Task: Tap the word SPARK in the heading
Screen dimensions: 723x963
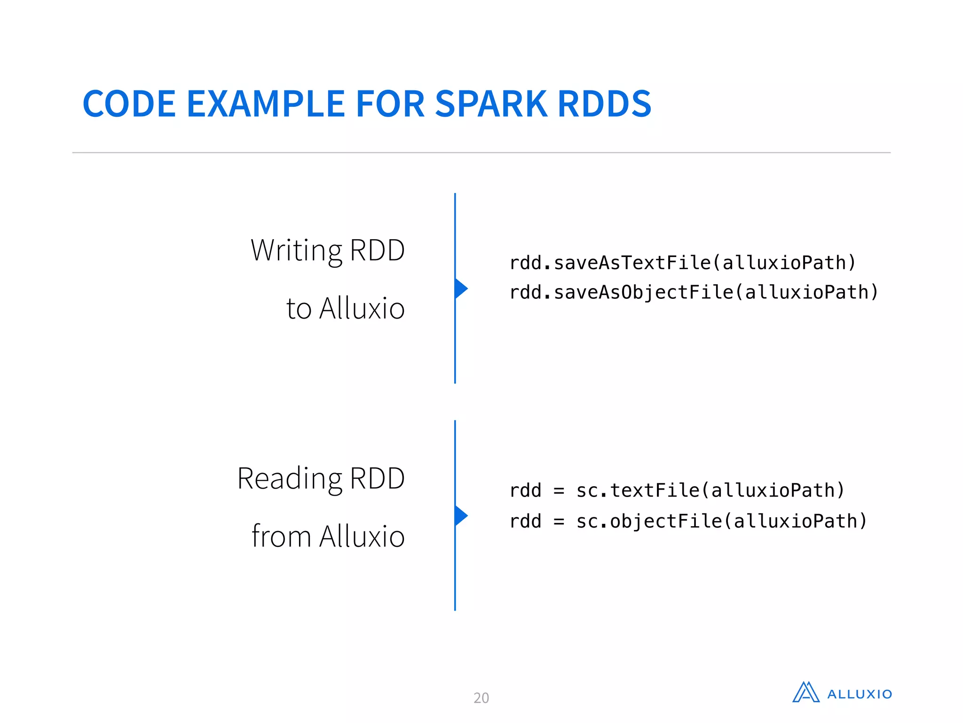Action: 491,104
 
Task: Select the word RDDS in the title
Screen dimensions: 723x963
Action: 604,104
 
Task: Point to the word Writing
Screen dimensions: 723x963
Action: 297,250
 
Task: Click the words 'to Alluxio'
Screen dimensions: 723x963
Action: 345,309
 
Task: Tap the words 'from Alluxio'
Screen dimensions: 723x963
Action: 328,537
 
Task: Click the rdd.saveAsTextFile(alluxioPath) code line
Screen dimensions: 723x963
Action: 682,263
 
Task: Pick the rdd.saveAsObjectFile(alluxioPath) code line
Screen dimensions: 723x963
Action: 694,292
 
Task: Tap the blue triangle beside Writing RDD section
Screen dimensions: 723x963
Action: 460,289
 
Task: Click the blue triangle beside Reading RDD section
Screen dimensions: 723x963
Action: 460,516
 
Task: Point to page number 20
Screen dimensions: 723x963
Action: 481,698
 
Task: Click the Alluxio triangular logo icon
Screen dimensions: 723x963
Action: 806,692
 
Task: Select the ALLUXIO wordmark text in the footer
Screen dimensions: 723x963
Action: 860,694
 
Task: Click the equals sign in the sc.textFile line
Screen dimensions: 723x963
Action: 559,491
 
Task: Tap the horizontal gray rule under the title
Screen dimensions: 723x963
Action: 481,153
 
